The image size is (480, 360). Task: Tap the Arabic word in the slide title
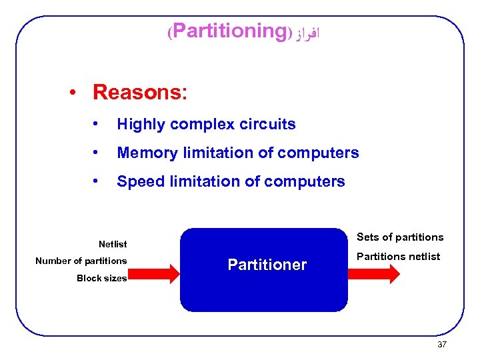click(x=307, y=32)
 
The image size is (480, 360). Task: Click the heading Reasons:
click(x=140, y=92)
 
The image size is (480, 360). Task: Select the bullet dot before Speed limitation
click(x=97, y=181)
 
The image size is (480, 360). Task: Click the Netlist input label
click(x=113, y=244)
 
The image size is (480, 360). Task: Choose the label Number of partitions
click(x=81, y=261)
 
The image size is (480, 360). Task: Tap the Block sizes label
click(x=101, y=278)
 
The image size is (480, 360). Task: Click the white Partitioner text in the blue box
click(x=267, y=265)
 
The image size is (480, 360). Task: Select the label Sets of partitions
click(x=400, y=237)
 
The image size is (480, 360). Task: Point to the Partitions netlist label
click(x=398, y=257)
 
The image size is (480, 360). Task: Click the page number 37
click(x=441, y=344)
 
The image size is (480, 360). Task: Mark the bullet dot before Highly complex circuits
click(x=97, y=124)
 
